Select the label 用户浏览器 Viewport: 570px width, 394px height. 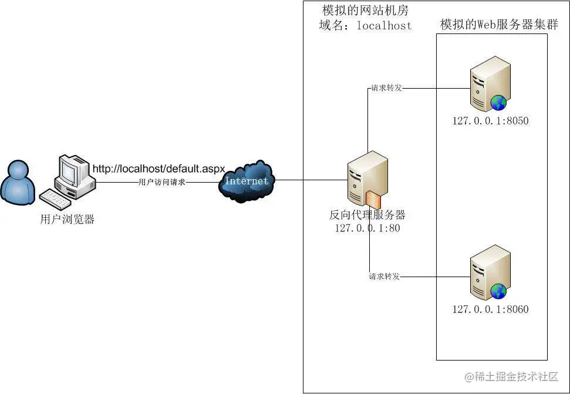(x=68, y=220)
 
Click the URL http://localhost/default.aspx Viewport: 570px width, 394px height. (x=158, y=169)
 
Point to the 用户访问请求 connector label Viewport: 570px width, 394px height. (x=161, y=182)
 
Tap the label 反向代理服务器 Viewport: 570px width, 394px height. (x=367, y=215)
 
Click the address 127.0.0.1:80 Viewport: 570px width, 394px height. (x=367, y=228)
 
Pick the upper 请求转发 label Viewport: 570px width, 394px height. (x=385, y=88)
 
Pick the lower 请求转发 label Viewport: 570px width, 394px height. (x=384, y=276)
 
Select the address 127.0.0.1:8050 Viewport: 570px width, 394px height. (x=490, y=122)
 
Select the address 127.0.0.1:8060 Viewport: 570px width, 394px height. (x=490, y=309)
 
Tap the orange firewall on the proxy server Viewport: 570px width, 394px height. (x=373, y=200)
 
